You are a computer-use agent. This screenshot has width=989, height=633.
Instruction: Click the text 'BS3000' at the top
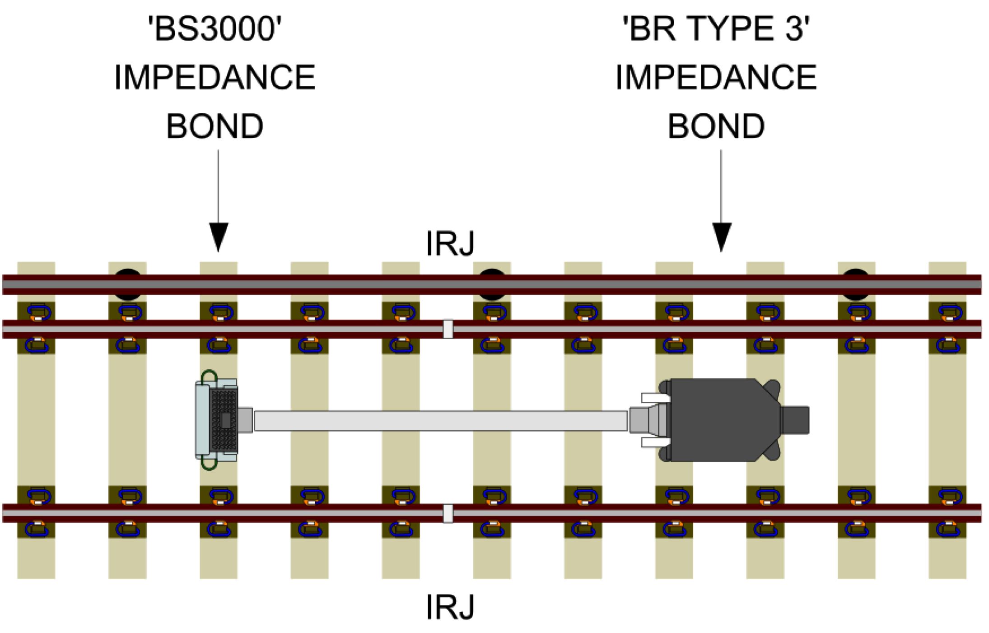(215, 29)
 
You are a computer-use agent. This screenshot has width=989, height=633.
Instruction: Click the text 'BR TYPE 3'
(716, 29)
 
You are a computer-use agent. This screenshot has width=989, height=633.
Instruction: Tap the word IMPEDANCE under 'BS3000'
(215, 78)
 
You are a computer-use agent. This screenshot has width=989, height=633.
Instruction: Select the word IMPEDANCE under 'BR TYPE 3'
(716, 78)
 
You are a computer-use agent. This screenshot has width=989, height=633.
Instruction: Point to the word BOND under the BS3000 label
(215, 126)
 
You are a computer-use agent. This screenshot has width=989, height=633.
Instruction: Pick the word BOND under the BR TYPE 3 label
(716, 126)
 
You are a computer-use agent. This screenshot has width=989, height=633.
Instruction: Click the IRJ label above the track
(450, 244)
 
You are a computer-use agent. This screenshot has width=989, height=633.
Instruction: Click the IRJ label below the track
(450, 607)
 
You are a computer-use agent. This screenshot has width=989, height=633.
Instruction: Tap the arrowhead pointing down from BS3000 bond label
(219, 236)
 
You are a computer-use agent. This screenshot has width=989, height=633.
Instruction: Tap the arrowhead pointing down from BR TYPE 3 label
(721, 236)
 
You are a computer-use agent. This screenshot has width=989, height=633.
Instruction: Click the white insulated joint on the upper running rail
(448, 329)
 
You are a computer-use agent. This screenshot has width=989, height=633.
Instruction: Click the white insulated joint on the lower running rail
(448, 514)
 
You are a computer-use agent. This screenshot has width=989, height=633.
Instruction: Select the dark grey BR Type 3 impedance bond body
(718, 420)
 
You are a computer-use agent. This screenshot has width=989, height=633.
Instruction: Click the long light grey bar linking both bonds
(440, 421)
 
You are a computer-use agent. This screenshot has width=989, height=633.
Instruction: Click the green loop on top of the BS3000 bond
(209, 375)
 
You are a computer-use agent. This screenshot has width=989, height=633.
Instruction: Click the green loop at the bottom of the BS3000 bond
(209, 465)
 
